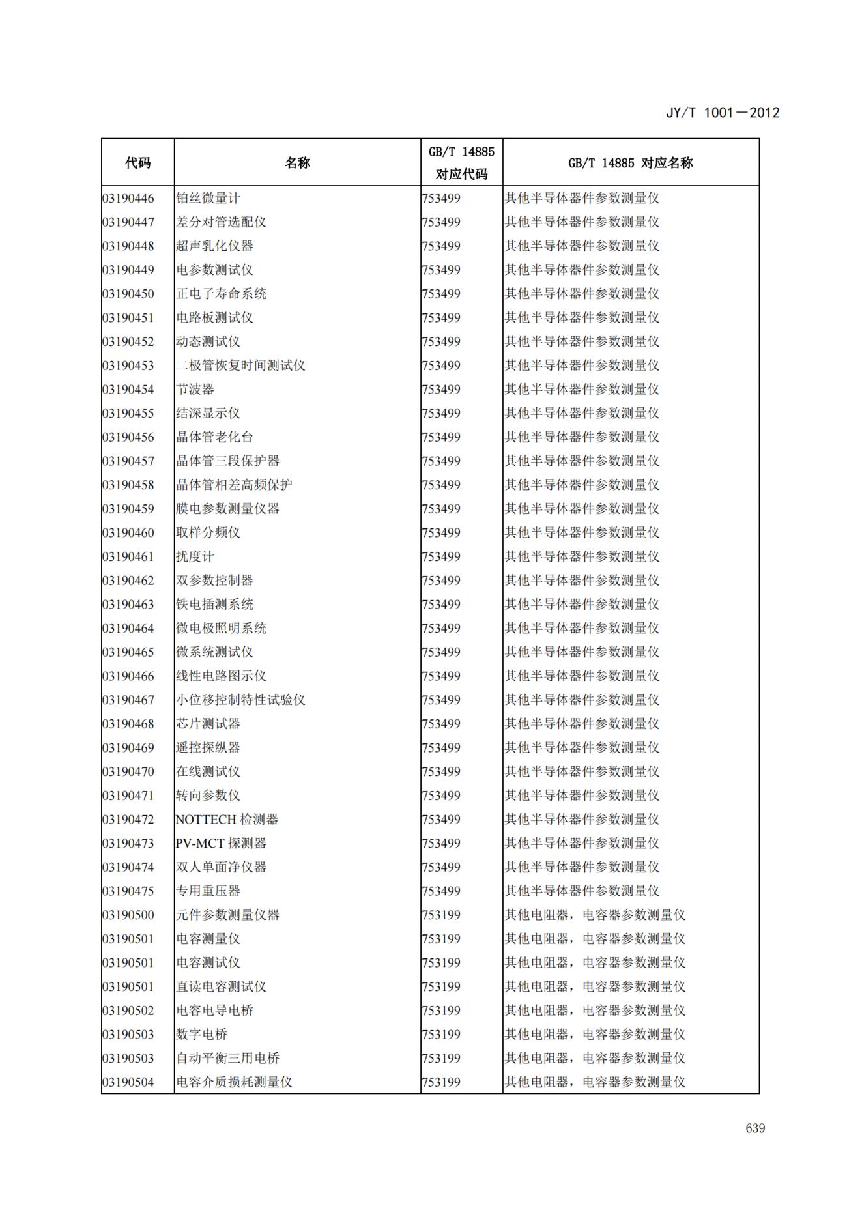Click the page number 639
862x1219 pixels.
(755, 1128)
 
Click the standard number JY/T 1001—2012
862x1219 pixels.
(722, 113)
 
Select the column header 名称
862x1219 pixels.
(297, 163)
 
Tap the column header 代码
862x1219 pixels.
(137, 163)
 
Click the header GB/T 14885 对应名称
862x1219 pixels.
(630, 163)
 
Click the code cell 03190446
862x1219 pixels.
(128, 199)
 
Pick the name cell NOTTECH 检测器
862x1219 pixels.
(227, 820)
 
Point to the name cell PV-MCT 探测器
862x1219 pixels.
(221, 844)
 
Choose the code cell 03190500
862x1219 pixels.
(128, 915)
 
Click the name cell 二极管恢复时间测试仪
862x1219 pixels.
(240, 366)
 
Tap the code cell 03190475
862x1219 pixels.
(128, 891)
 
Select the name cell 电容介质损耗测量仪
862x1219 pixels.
(234, 1082)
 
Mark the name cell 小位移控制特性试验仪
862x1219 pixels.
(240, 700)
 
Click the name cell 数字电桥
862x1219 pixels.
(201, 1035)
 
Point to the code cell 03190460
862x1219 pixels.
(128, 533)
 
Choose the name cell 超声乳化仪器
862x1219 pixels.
(214, 246)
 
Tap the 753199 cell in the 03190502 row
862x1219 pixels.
(441, 1011)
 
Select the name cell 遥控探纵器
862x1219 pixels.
(208, 748)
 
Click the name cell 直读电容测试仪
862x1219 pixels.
(221, 987)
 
